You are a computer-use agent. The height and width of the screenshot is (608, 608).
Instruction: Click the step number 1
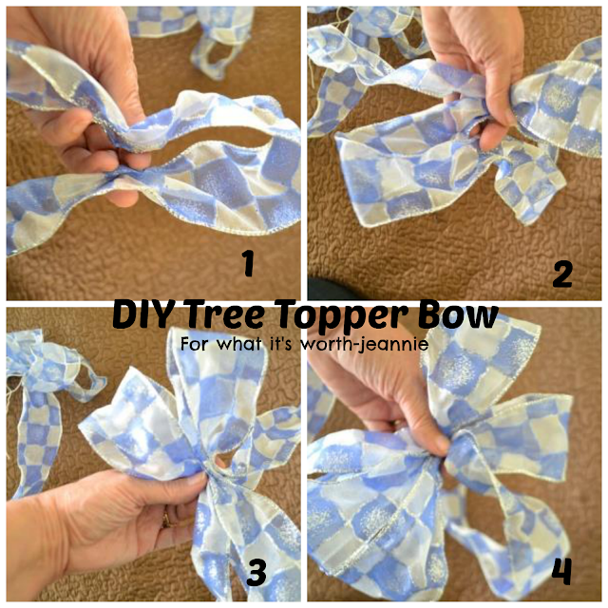[248, 263]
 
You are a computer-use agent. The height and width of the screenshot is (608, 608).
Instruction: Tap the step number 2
[562, 274]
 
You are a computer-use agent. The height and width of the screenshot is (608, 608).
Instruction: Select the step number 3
[256, 572]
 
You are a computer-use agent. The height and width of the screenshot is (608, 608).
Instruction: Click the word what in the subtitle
[238, 344]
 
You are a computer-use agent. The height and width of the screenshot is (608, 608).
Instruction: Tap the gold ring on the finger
[166, 519]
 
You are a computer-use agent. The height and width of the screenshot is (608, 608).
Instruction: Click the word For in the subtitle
[196, 344]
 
